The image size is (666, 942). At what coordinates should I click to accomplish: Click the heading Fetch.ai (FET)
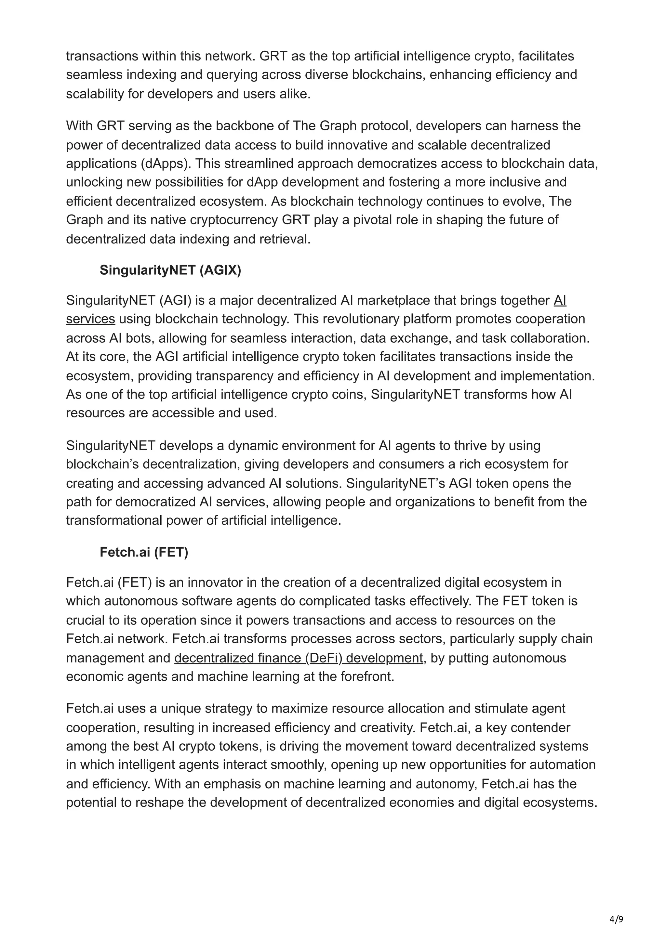pyautogui.click(x=144, y=552)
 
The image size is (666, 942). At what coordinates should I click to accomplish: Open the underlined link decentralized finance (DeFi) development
pyautogui.click(x=298, y=658)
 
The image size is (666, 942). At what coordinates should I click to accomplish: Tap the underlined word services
pyautogui.click(x=90, y=319)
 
